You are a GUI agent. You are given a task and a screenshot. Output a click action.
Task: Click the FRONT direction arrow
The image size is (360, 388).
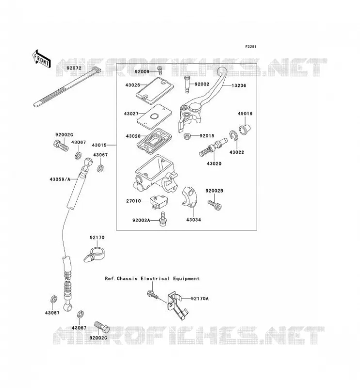coord(42,59)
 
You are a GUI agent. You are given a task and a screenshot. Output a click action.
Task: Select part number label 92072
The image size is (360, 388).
coord(74,68)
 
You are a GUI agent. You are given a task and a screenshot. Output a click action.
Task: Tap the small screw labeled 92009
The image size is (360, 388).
coord(160,71)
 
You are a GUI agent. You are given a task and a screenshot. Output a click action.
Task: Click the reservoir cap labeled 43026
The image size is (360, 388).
coord(155,90)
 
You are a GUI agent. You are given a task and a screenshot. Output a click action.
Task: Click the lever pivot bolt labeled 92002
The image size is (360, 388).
coord(188,84)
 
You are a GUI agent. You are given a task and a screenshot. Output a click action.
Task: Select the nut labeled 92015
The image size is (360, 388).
coord(187,136)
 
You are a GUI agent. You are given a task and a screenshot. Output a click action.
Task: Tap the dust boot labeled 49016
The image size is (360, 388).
coord(245,129)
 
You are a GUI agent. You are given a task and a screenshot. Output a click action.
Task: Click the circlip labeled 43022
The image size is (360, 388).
coord(233,136)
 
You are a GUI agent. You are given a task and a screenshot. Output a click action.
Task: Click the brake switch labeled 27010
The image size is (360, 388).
coord(158,201)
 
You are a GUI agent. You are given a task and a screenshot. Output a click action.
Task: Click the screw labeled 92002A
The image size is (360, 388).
coord(163,219)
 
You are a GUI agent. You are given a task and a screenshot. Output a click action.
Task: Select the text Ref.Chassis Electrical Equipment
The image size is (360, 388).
coord(152,278)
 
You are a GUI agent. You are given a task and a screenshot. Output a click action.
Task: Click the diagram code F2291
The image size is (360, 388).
coord(250,47)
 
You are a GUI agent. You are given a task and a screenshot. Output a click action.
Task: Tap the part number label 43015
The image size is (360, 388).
coord(99,145)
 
